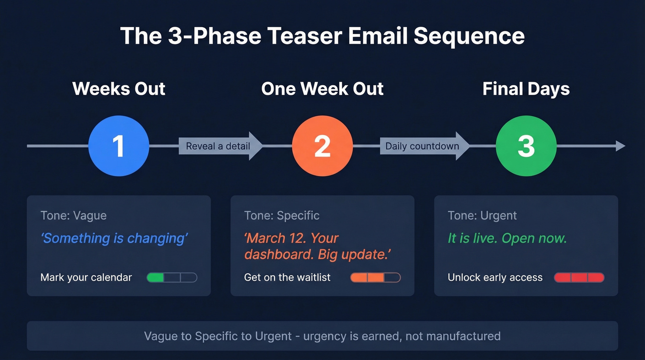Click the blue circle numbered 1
coord(118,146)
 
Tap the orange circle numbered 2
coord(322,146)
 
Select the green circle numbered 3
coord(526,146)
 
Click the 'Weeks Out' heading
coord(119,89)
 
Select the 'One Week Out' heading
coord(322,89)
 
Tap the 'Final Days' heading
coord(526,89)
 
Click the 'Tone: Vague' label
coord(73,215)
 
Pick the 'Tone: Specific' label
coord(281,215)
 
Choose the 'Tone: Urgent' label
coord(482,215)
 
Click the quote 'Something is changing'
coord(114,238)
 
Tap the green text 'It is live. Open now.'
coord(507,238)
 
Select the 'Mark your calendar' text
coord(86,277)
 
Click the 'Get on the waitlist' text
coord(287,277)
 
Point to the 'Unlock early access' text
coord(495,277)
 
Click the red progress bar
coord(579,277)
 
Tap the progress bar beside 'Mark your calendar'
coord(172,277)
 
